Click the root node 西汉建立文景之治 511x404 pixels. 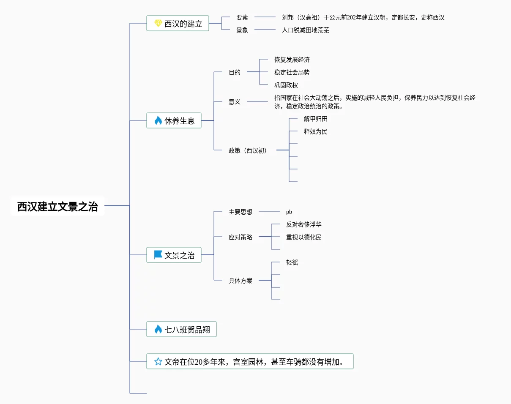tap(57, 206)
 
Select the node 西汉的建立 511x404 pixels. tap(183, 24)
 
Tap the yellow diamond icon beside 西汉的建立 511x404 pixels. tap(158, 24)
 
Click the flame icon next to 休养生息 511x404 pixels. tap(158, 121)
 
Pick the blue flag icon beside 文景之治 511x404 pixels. tap(158, 255)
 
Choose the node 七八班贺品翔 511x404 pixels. tap(187, 329)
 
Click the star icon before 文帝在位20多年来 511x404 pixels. tap(158, 361)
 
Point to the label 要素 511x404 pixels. tap(242, 17)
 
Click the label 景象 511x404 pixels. tap(242, 30)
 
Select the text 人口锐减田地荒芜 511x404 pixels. tap(306, 30)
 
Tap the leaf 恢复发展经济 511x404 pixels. tap(292, 60)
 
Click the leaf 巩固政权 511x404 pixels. tap(286, 85)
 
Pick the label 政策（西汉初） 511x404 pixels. tap(248, 150)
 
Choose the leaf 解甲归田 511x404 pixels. tap(316, 119)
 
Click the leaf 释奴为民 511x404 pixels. tap(316, 131)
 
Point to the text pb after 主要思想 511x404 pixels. tap(289, 212)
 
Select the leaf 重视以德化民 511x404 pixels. tap(304, 237)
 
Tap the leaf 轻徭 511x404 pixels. tap(292, 262)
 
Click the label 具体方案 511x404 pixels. tap(240, 281)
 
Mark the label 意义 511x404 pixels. tap(235, 102)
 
